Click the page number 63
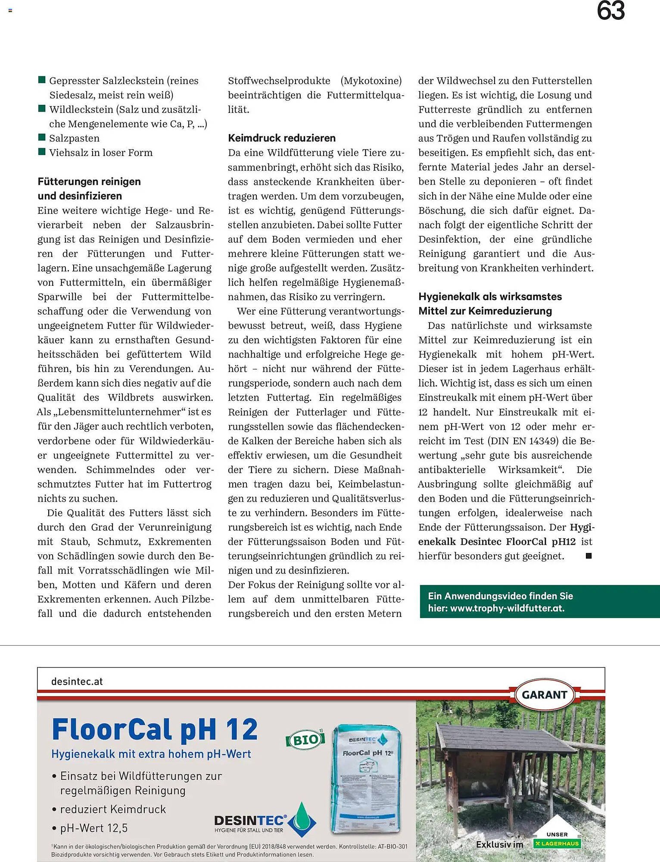[x=610, y=11]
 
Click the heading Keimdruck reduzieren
[x=281, y=138]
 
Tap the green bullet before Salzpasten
[x=42, y=137]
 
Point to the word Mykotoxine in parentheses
[x=371, y=81]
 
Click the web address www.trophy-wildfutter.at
[x=507, y=608]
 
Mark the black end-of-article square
[x=588, y=556]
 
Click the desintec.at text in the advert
[x=77, y=681]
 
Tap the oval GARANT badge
[x=544, y=695]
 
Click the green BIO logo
[x=305, y=740]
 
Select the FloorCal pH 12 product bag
[x=367, y=778]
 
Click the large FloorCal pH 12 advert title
[x=155, y=730]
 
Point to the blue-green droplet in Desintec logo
[x=302, y=819]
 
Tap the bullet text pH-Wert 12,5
[x=93, y=828]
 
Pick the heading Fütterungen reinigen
[x=89, y=181]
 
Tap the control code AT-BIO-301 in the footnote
[x=392, y=846]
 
